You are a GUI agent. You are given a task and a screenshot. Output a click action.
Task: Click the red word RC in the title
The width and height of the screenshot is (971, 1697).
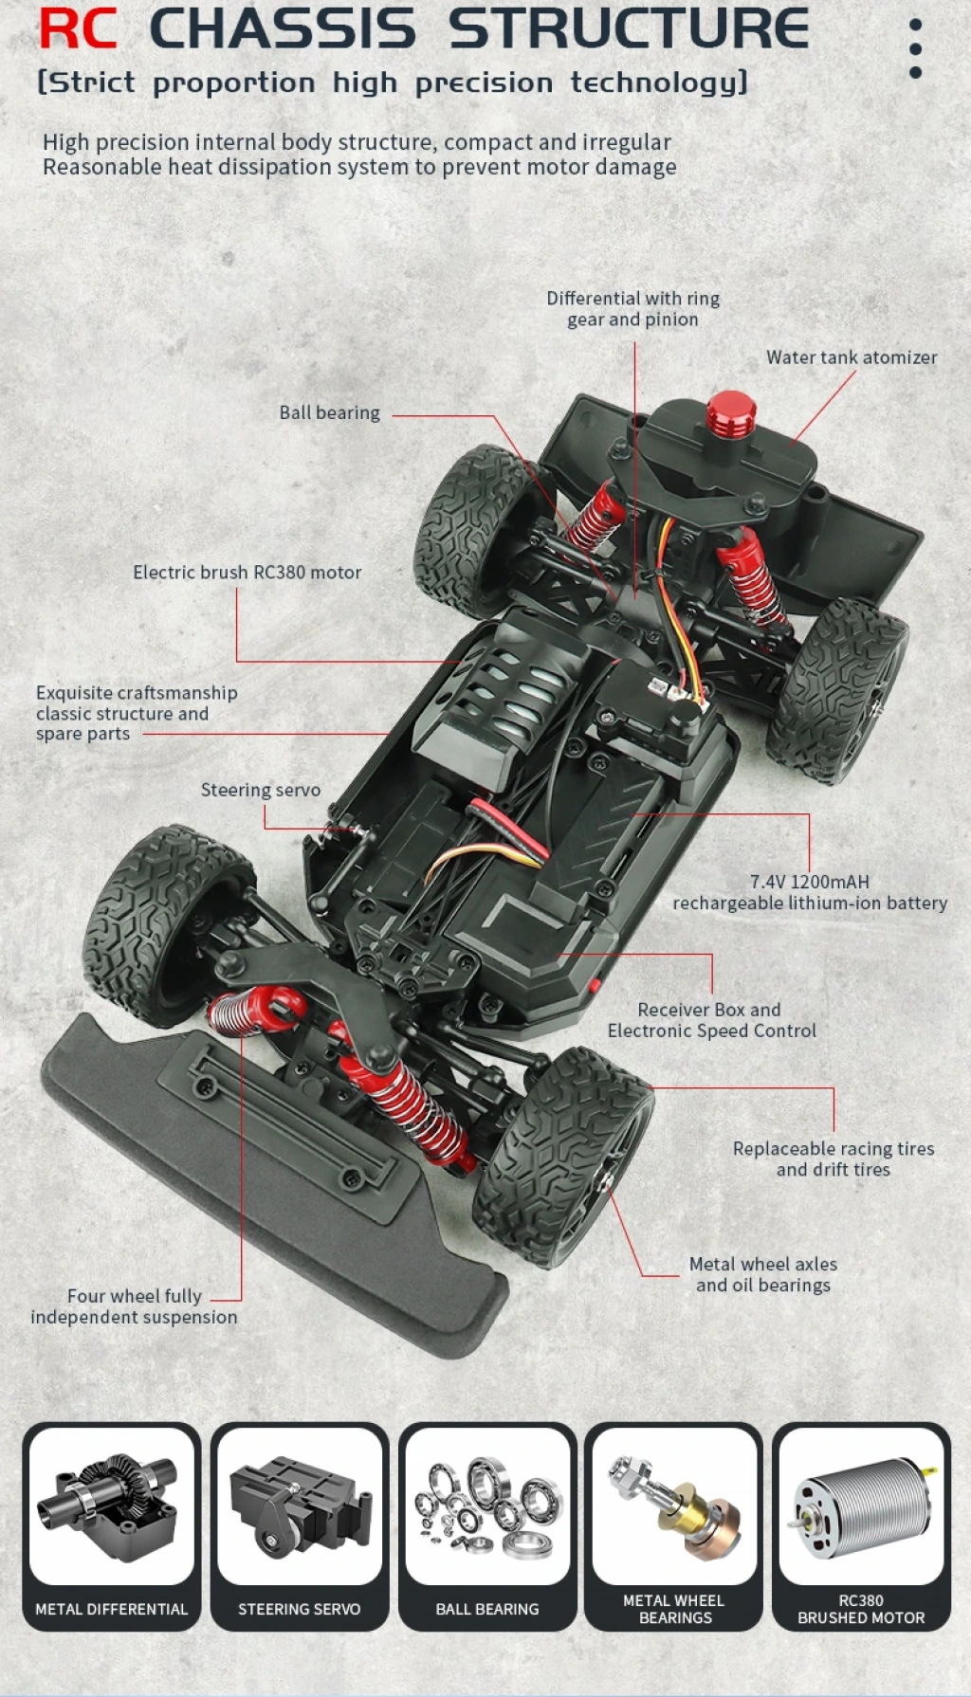click(x=78, y=28)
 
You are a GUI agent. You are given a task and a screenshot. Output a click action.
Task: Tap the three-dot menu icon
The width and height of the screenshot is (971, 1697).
click(x=915, y=48)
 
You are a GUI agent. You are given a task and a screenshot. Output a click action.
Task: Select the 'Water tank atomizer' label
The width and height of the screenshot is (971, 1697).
click(x=852, y=357)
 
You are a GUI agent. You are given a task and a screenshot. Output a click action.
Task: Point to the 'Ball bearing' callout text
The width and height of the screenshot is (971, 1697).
click(x=329, y=413)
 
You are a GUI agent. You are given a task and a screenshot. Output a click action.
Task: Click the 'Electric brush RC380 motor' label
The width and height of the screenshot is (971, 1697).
click(x=247, y=573)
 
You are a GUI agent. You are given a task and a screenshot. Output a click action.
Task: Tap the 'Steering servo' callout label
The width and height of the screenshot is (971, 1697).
click(x=260, y=791)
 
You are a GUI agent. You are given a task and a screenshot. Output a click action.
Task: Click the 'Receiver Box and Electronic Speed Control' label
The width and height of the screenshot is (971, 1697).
click(x=711, y=1020)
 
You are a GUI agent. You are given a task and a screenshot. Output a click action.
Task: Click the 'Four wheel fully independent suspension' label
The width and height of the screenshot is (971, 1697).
click(x=134, y=1306)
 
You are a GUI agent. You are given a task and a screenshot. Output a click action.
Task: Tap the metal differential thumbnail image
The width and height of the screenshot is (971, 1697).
click(x=111, y=1507)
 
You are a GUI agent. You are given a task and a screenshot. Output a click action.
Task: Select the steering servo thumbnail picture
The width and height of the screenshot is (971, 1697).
click(x=299, y=1507)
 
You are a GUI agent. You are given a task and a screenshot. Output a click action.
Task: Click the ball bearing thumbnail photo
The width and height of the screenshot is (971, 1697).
click(x=487, y=1507)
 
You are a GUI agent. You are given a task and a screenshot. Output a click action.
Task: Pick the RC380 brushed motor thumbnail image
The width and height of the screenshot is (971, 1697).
click(x=861, y=1507)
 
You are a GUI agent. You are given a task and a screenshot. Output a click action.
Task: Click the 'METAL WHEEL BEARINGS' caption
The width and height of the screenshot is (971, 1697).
click(x=674, y=1609)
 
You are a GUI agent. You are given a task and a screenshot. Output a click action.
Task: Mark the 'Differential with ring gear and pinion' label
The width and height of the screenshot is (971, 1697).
click(x=632, y=309)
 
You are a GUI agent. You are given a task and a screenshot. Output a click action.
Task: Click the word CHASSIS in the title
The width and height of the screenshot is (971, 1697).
click(x=283, y=28)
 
